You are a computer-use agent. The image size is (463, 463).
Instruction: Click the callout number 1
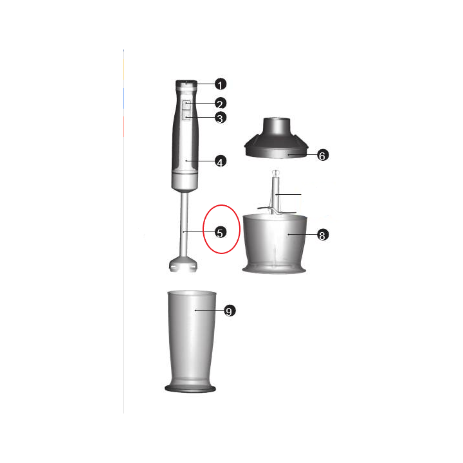click(x=220, y=84)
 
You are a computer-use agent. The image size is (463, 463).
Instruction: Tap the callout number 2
click(x=220, y=104)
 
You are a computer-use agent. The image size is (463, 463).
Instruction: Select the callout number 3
click(x=220, y=118)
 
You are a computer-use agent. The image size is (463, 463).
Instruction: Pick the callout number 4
click(x=220, y=161)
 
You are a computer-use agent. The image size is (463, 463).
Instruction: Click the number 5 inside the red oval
click(x=220, y=232)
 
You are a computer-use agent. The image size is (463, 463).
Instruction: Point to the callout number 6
click(x=322, y=156)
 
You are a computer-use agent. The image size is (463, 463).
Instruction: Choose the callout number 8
click(x=322, y=235)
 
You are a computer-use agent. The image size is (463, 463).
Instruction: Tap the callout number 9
click(x=229, y=311)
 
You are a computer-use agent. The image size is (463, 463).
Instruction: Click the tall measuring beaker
click(x=191, y=341)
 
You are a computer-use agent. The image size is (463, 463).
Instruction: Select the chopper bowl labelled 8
click(x=275, y=244)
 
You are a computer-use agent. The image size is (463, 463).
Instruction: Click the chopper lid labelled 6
click(x=276, y=138)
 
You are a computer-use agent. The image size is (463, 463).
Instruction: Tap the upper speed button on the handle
click(x=186, y=105)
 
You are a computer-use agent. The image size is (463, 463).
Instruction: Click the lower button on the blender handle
click(x=186, y=115)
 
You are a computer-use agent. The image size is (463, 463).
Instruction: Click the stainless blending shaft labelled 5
click(x=184, y=225)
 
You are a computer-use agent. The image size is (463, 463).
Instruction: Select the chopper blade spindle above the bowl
click(x=275, y=192)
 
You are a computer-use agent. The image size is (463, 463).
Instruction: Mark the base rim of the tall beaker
click(x=190, y=388)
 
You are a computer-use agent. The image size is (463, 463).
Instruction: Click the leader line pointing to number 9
click(x=210, y=311)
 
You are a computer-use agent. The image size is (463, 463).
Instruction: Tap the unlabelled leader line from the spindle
click(x=289, y=195)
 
